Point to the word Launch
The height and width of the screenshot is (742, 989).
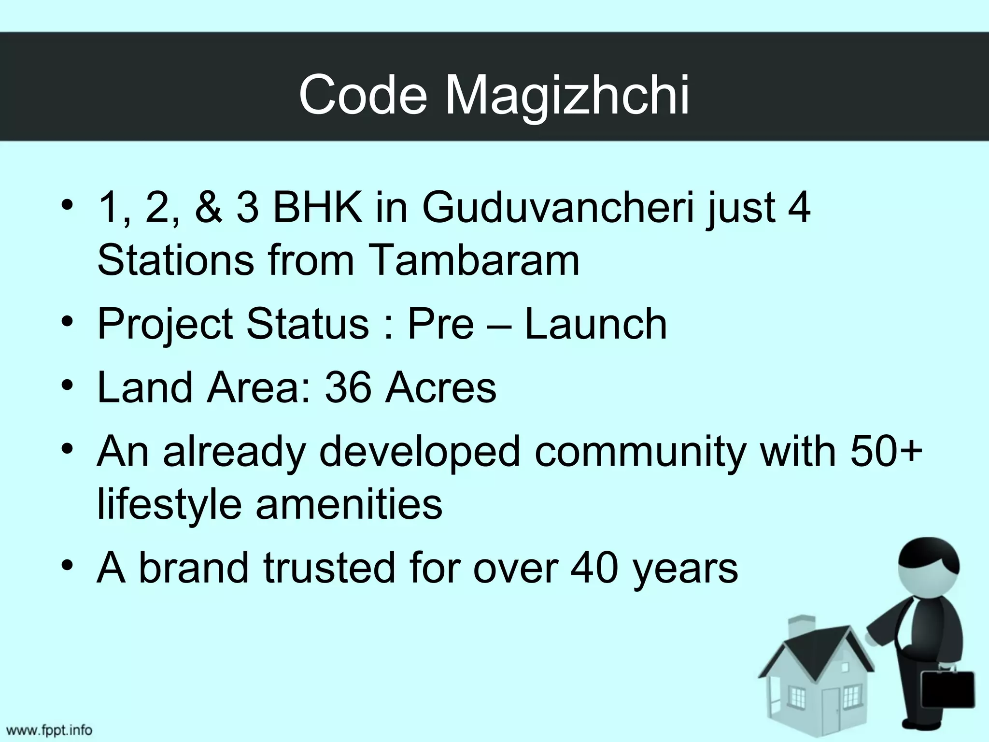595,324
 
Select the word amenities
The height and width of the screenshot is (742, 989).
349,504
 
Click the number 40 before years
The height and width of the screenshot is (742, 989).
594,568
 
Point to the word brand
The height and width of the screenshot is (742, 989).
193,568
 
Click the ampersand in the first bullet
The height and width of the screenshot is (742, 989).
208,209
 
